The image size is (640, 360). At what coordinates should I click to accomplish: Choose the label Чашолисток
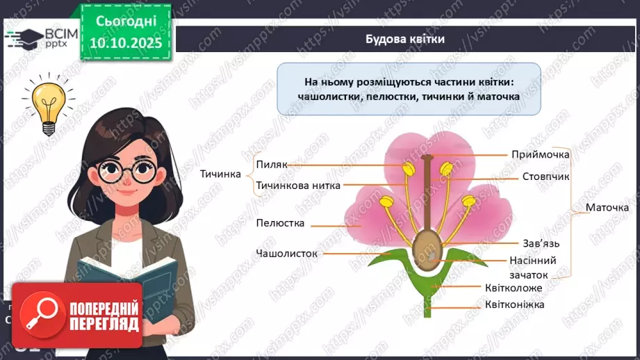[x=286, y=254]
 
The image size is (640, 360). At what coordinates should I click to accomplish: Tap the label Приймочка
[x=540, y=154]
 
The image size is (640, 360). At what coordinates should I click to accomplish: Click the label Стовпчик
[x=545, y=177]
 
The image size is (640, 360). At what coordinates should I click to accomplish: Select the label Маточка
[x=607, y=208]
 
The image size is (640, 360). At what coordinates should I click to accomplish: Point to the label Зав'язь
[x=541, y=243]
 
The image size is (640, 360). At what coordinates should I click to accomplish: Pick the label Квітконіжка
[x=514, y=304]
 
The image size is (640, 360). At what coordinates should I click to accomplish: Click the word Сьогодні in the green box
[x=125, y=21]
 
